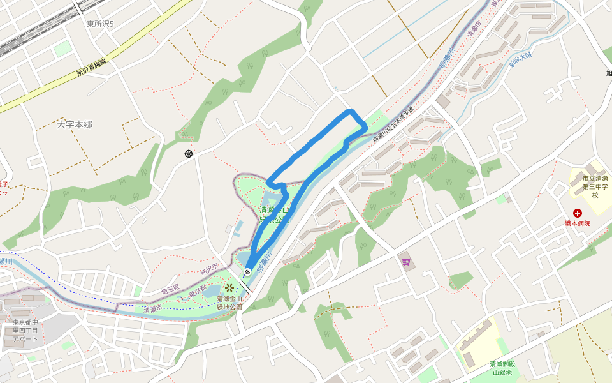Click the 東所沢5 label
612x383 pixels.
100,24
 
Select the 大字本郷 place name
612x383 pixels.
75,124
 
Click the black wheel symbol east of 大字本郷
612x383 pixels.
189,153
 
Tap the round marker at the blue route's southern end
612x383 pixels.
247,273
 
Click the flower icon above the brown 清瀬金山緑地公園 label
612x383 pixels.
229,288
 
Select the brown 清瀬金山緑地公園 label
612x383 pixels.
229,303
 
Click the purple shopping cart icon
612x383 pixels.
405,261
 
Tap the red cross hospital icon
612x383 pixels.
578,213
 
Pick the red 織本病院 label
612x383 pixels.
578,223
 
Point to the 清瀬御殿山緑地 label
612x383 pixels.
502,368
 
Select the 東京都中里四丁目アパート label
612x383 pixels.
26,331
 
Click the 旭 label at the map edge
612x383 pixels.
608,73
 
